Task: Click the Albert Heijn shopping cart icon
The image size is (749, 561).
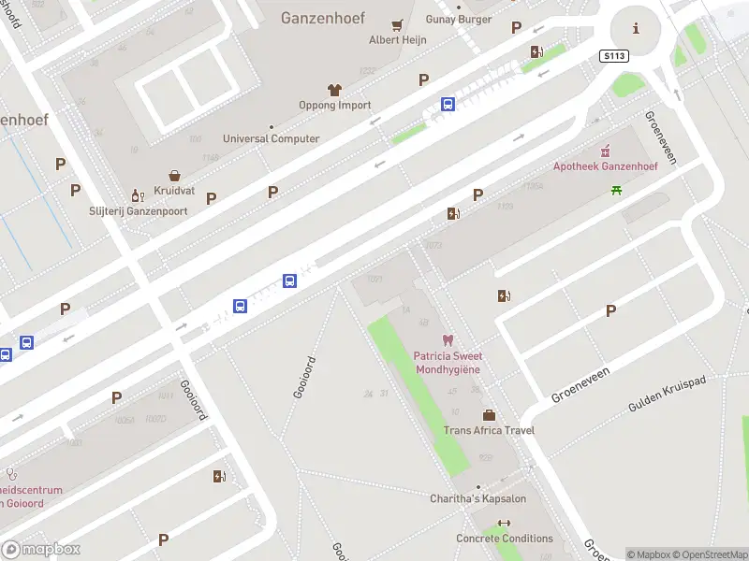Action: click(x=398, y=24)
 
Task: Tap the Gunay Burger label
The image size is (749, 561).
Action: click(x=459, y=20)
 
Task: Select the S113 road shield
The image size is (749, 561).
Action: click(x=613, y=56)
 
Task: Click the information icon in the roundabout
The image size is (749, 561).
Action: click(x=637, y=28)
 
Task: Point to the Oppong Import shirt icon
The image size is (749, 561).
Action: click(x=334, y=90)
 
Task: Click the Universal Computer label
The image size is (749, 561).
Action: click(x=270, y=139)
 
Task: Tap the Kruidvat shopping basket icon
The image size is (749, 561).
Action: click(x=174, y=175)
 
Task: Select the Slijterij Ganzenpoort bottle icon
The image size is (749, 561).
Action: click(x=137, y=195)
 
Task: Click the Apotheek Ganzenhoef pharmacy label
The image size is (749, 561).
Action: click(x=605, y=166)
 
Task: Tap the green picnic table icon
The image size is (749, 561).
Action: click(x=616, y=191)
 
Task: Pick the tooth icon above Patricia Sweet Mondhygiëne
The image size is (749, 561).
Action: click(x=447, y=341)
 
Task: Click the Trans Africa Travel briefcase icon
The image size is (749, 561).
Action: click(x=488, y=415)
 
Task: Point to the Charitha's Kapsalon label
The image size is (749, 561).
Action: click(x=477, y=498)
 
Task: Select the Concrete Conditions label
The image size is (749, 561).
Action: click(x=505, y=539)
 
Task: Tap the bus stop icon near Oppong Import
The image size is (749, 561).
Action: click(x=448, y=105)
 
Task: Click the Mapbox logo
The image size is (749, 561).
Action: click(x=41, y=550)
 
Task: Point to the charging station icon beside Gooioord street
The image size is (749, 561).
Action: click(x=219, y=477)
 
